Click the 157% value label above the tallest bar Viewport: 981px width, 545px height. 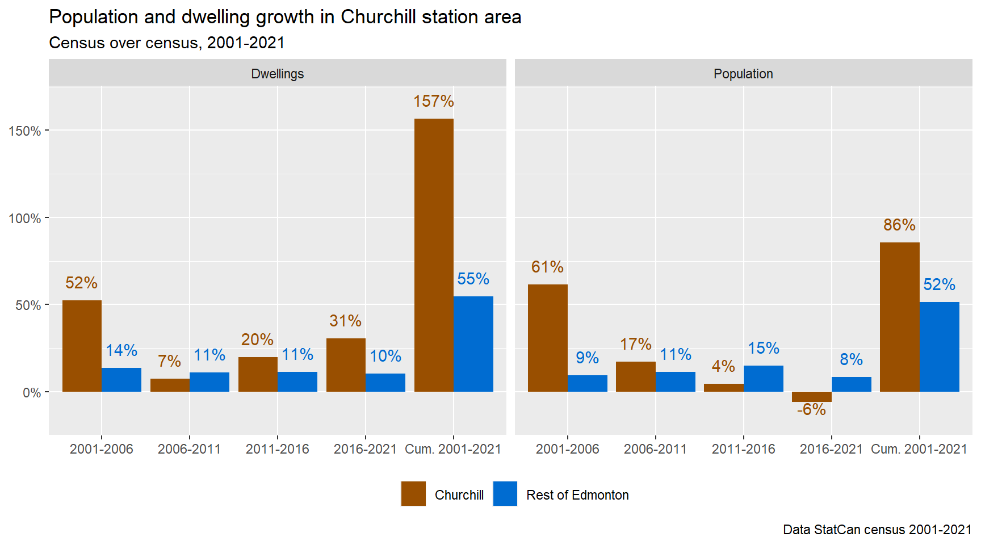point(433,102)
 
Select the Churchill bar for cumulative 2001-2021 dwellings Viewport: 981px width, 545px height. point(434,255)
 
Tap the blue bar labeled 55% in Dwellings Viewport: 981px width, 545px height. point(473,344)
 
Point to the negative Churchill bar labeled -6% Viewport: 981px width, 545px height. point(811,397)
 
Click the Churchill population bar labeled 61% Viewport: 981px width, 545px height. point(547,338)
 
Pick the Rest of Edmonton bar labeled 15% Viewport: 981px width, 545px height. point(764,379)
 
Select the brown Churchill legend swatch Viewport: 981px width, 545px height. point(413,494)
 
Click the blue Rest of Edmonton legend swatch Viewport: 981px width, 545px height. point(505,494)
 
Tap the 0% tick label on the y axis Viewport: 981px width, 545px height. point(32,393)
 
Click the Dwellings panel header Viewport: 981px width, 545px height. point(277,74)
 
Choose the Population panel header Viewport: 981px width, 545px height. point(743,74)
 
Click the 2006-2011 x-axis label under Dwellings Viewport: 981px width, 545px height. point(189,449)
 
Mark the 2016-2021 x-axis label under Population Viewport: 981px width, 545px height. point(831,449)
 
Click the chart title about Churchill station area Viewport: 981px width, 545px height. point(285,17)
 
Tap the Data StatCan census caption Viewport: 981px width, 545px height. point(877,530)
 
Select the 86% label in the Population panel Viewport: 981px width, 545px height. point(899,225)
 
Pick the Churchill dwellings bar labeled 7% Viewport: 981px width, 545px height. point(170,385)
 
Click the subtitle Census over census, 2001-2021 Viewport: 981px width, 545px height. point(167,43)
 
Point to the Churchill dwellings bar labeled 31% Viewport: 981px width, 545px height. point(346,365)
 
